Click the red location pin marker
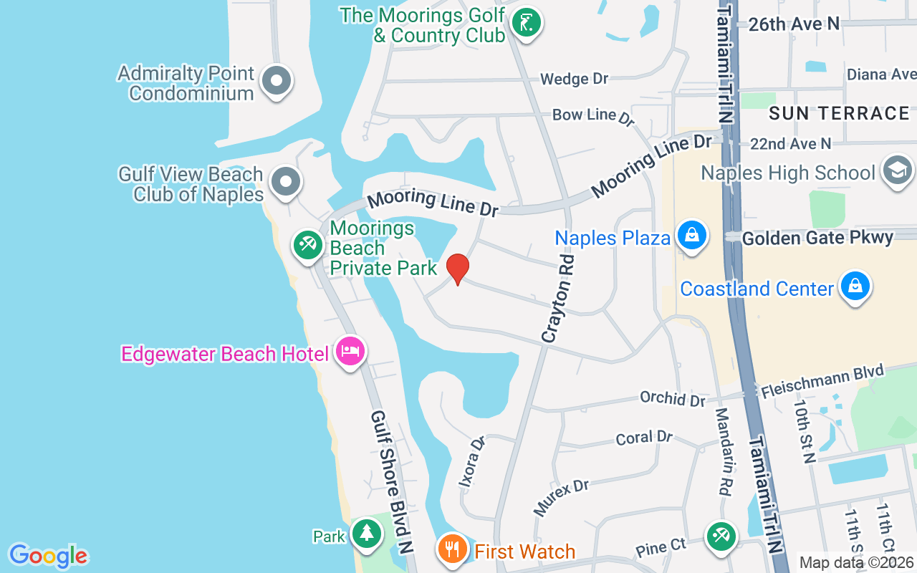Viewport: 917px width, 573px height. pyautogui.click(x=458, y=269)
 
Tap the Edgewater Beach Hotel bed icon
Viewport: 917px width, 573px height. pyautogui.click(x=349, y=352)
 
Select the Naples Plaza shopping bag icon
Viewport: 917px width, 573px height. pyautogui.click(x=692, y=234)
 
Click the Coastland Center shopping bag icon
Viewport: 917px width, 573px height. pyautogui.click(x=855, y=286)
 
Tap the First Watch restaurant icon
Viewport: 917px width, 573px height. pyautogui.click(x=451, y=549)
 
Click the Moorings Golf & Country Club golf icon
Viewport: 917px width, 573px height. pyautogui.click(x=527, y=23)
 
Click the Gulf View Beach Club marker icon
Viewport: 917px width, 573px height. pyautogui.click(x=286, y=181)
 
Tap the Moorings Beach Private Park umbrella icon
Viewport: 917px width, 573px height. pyautogui.click(x=308, y=244)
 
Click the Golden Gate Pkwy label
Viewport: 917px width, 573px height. pyautogui.click(x=817, y=238)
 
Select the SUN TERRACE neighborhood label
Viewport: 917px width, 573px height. pyautogui.click(x=839, y=113)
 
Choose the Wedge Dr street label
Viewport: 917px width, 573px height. pyautogui.click(x=574, y=79)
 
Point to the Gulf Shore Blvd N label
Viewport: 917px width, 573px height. pyautogui.click(x=391, y=482)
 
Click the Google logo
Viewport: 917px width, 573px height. pyautogui.click(x=48, y=556)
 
